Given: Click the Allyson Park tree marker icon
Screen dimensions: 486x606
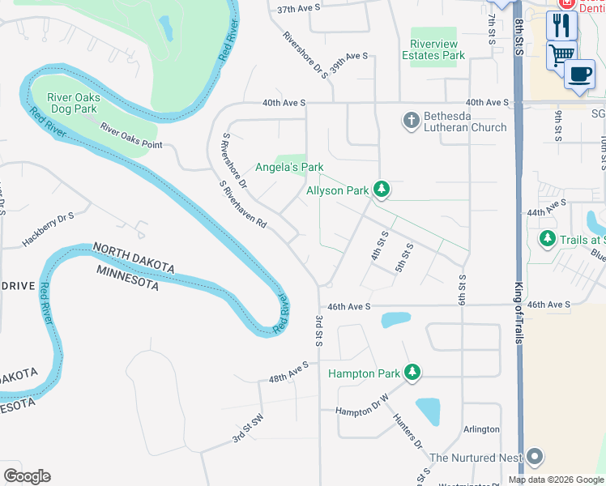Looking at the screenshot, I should click(x=382, y=190).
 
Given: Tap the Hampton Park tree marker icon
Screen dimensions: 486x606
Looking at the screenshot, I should click(x=413, y=373).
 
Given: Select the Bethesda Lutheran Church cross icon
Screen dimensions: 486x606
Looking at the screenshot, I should click(x=412, y=120).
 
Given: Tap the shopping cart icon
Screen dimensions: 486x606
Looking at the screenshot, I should click(x=561, y=54).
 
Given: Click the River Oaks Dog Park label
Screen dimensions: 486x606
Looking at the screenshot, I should click(x=74, y=103).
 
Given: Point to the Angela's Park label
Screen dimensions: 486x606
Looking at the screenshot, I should click(x=289, y=167).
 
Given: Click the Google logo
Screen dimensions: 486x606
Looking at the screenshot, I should click(x=27, y=476).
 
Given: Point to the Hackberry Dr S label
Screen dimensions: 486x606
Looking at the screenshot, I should click(x=49, y=229).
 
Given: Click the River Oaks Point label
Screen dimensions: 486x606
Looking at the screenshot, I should click(x=131, y=135).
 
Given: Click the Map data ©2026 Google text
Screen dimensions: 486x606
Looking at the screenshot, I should click(x=555, y=479).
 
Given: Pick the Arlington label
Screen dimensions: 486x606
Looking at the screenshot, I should click(x=481, y=429).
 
